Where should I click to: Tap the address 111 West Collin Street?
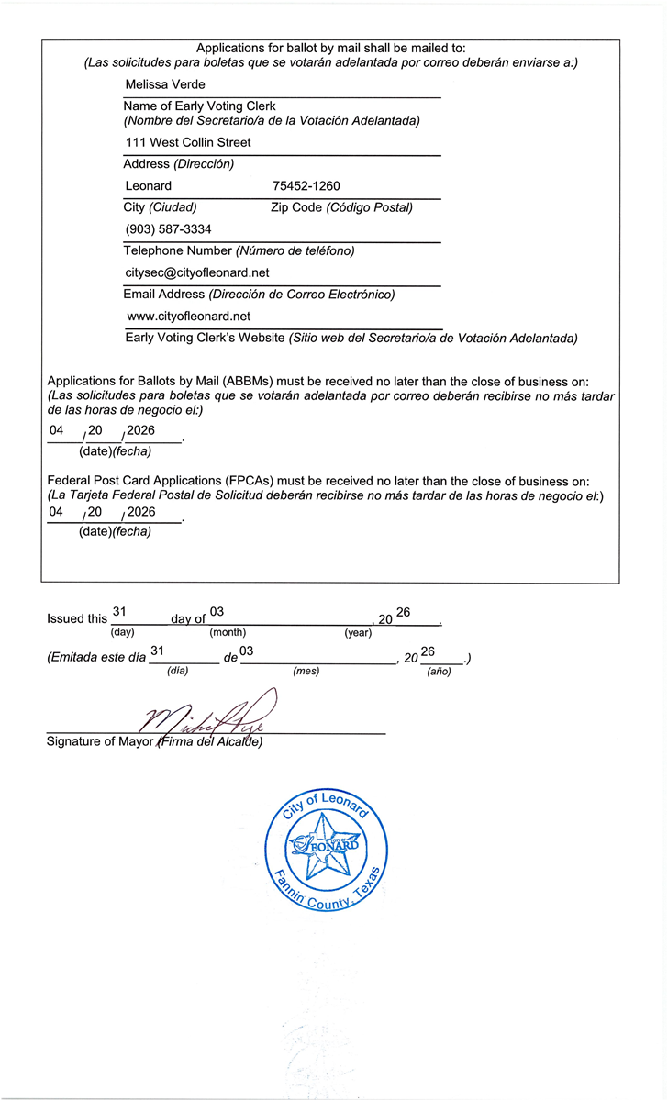pyautogui.click(x=187, y=142)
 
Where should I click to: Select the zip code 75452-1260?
pyautogui.click(x=306, y=186)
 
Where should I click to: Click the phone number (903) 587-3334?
pyautogui.click(x=168, y=229)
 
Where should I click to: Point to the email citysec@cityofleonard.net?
pyautogui.click(x=196, y=272)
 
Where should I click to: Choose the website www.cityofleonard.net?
pyautogui.click(x=189, y=317)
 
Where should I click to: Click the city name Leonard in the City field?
pyautogui.click(x=148, y=186)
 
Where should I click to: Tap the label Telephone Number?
pyautogui.click(x=177, y=250)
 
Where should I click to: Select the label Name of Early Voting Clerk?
pyautogui.click(x=199, y=106)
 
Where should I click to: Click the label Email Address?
pyautogui.click(x=164, y=295)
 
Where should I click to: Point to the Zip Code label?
pyautogui.click(x=296, y=207)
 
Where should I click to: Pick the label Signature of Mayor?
pyautogui.click(x=101, y=741)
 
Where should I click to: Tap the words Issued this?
pyautogui.click(x=77, y=619)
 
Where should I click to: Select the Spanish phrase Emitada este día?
pyautogui.click(x=95, y=659)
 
